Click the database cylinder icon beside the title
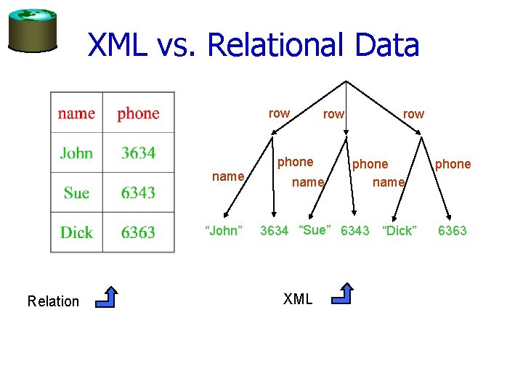coord(32,30)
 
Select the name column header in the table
coord(76,113)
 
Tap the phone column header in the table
coord(138,113)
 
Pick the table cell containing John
coord(76,152)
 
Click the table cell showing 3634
coord(138,152)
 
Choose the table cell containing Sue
coord(76,192)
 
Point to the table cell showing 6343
coord(138,192)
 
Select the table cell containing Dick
coord(76,232)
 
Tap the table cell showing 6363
coord(138,232)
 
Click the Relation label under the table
coord(53,301)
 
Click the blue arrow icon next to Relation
coord(107,297)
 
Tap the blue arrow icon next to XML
coord(342,293)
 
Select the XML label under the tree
coord(298,299)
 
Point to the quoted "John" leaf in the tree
coord(223,231)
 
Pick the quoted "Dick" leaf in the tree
coord(399,231)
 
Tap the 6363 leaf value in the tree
coord(452,231)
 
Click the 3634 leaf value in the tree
coord(275,231)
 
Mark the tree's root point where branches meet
coord(347,78)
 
